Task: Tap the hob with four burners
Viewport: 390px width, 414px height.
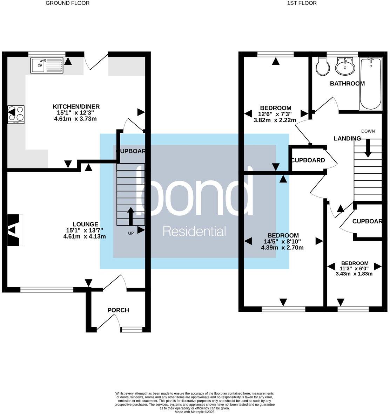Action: coord(16,115)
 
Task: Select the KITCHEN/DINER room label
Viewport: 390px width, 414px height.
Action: coord(76,106)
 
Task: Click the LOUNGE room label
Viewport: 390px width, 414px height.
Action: coord(85,224)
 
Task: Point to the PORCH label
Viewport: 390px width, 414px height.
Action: coord(118,310)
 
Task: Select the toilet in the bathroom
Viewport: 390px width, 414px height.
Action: coord(322,66)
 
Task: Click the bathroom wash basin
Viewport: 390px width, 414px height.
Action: coord(345,67)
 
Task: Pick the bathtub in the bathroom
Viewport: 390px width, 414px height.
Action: coord(370,84)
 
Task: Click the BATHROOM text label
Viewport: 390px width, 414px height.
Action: coord(347,83)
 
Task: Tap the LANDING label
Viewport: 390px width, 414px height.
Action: coord(347,138)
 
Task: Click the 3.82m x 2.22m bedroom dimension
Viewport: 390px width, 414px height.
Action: coord(275,120)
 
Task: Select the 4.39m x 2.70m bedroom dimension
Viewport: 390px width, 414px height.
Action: coord(282,248)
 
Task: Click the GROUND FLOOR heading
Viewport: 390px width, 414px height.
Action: coord(68,3)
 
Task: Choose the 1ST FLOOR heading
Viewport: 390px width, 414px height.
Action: coord(302,3)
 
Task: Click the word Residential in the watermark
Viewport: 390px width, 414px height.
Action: coord(195,232)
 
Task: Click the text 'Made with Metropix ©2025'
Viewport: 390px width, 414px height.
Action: coord(194,412)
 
